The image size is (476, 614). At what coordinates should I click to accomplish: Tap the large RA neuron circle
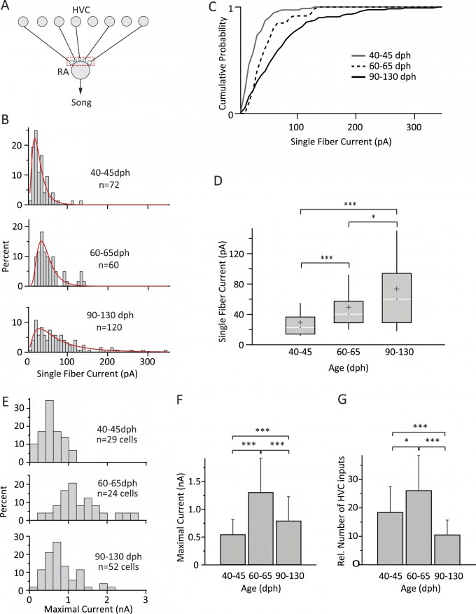pos(80,70)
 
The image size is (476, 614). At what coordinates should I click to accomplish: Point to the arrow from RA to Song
pos(80,87)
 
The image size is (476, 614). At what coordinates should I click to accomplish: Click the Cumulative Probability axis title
pos(222,60)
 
